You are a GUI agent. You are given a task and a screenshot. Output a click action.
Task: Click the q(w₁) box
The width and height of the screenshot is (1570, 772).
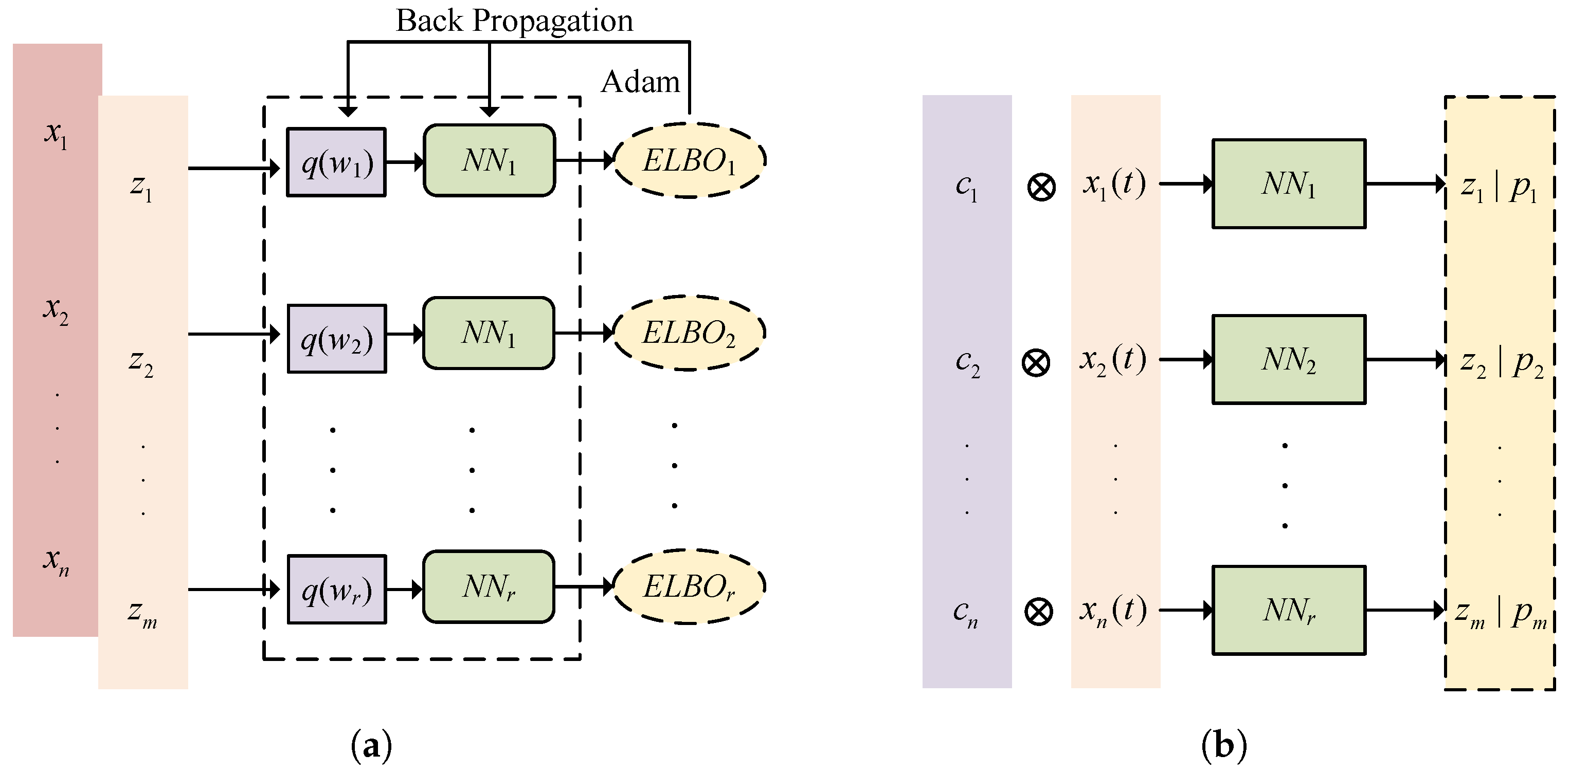coord(336,162)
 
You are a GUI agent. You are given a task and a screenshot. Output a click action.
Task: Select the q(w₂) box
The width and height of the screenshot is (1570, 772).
coord(336,339)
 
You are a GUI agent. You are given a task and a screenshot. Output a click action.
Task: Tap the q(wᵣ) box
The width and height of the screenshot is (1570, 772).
coord(336,589)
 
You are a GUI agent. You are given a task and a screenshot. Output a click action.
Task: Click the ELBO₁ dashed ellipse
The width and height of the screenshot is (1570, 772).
coord(689,161)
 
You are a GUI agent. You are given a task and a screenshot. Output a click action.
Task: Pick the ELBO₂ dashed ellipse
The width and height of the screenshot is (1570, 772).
coord(689,333)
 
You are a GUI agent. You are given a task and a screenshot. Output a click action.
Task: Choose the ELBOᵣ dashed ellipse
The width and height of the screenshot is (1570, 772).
coord(689,587)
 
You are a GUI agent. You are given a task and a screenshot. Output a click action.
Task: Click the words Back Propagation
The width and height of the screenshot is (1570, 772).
coord(514,21)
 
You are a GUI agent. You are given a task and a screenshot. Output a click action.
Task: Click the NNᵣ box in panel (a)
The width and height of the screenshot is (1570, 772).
coord(489,587)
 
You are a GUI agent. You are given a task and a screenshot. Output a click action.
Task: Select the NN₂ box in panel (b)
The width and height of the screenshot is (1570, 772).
coord(1288,359)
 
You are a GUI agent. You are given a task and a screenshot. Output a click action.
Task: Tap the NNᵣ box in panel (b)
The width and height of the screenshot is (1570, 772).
coord(1288,610)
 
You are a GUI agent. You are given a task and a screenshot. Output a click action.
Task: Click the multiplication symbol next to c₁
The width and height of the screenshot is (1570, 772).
coord(1041,187)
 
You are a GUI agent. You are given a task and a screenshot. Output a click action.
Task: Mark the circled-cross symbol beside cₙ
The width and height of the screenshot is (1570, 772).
coord(1039,612)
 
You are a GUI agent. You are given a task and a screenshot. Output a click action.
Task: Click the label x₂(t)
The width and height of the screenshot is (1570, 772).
coord(1113,359)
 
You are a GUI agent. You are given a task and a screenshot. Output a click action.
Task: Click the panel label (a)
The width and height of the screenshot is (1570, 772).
coord(371,745)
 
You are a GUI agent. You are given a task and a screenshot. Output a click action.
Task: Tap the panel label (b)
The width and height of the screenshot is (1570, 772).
coord(1224,745)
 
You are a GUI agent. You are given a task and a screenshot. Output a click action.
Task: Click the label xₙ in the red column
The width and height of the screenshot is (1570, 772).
coord(56,561)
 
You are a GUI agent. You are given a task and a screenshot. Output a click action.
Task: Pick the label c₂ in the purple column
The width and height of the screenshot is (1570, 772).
coord(967,362)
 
